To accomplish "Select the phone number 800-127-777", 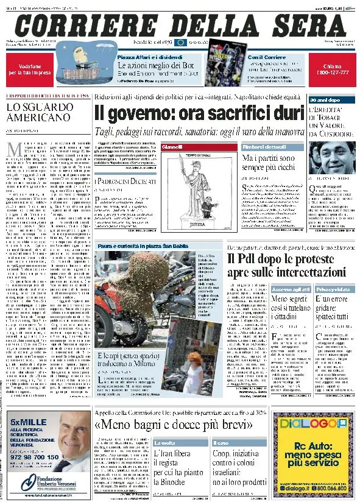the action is [x=332, y=72].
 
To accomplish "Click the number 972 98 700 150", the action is [x=34, y=456].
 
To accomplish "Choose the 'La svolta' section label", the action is [x=166, y=442].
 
